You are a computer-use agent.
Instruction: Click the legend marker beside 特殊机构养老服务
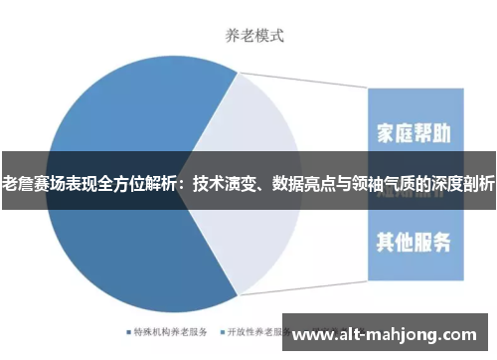tap(128, 330)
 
